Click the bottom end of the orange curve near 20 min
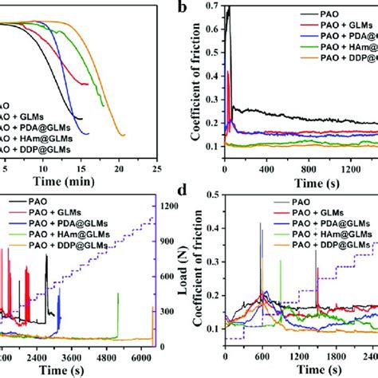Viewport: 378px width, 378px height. [x=122, y=136]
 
